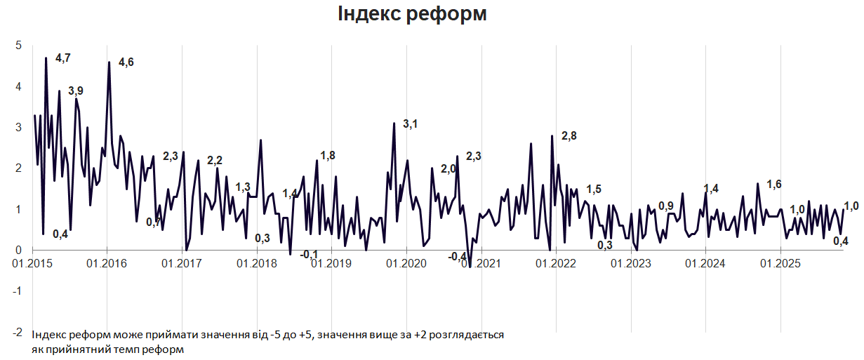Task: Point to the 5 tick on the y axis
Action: click(x=19, y=46)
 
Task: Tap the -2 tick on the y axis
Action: click(x=17, y=332)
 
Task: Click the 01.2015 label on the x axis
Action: click(x=32, y=264)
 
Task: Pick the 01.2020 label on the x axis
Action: click(x=406, y=264)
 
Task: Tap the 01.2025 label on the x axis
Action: click(x=780, y=264)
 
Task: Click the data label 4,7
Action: click(x=63, y=58)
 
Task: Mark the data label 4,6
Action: click(x=126, y=62)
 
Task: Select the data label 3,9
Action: click(x=76, y=91)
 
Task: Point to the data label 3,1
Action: click(x=411, y=124)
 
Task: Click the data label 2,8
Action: click(x=569, y=136)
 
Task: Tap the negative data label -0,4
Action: click(x=458, y=257)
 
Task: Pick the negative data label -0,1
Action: click(x=309, y=254)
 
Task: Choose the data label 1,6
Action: click(x=774, y=185)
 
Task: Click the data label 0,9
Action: click(x=666, y=206)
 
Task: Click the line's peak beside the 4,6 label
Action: click(x=109, y=62)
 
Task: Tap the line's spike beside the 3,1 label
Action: click(x=394, y=124)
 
